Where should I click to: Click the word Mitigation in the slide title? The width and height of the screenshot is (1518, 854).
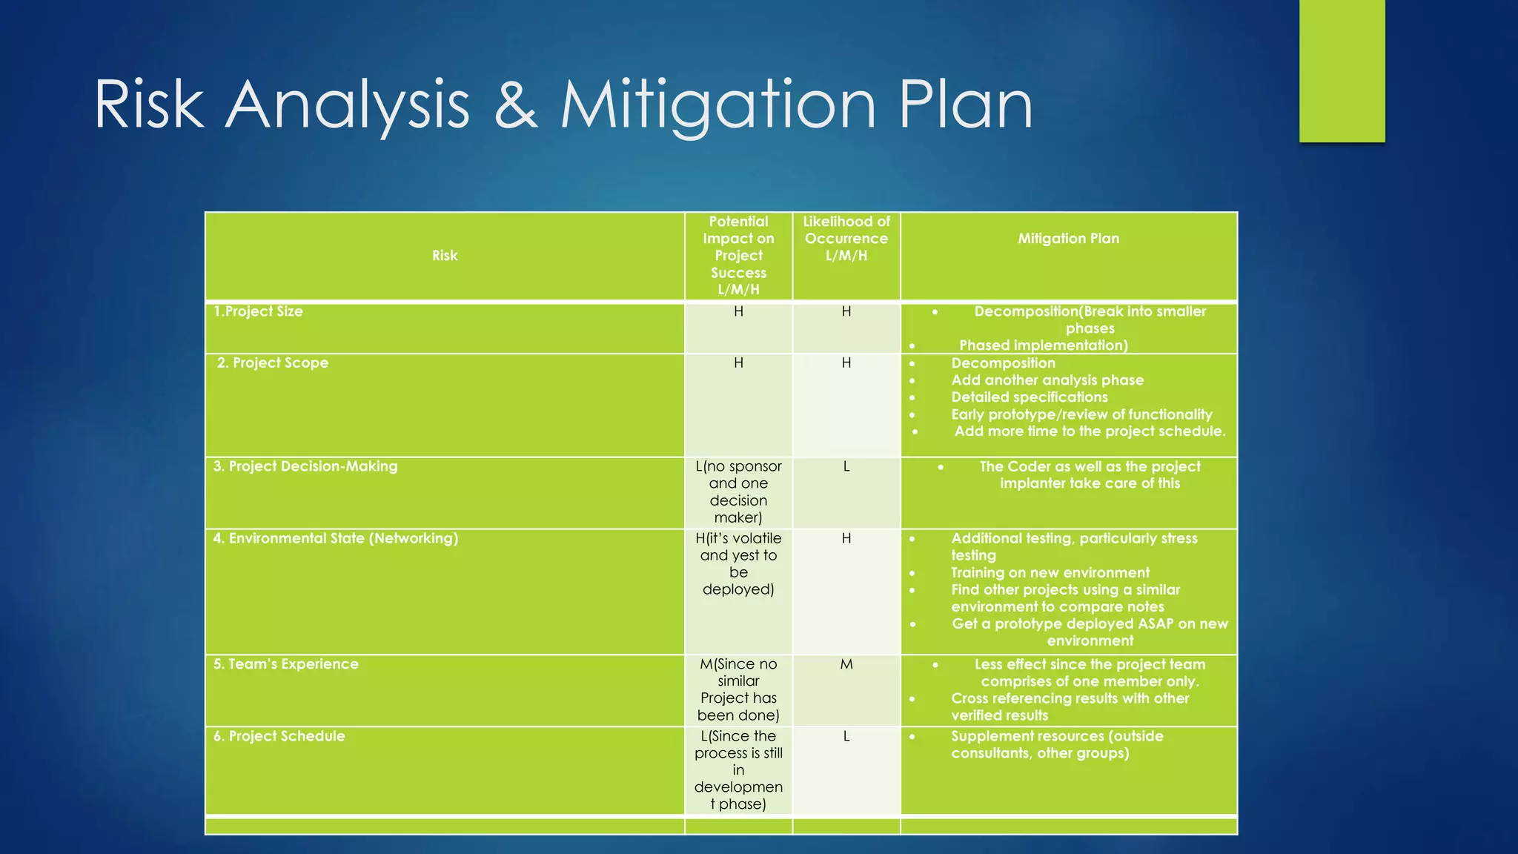(717, 105)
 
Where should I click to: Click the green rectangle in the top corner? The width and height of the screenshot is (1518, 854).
(1342, 70)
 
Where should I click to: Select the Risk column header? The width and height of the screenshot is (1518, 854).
(445, 256)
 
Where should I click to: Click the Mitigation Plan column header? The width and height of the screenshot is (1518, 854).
(1068, 239)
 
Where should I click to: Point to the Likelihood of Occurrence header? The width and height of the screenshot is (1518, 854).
(846, 239)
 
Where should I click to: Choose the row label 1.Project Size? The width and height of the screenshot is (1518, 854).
(258, 311)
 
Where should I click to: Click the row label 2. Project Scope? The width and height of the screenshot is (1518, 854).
(273, 363)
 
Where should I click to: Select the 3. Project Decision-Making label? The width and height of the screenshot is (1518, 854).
(305, 466)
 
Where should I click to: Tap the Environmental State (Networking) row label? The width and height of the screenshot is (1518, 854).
(336, 538)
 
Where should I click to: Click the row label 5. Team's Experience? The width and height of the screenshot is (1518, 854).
(286, 664)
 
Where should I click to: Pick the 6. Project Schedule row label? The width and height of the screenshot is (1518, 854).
(279, 736)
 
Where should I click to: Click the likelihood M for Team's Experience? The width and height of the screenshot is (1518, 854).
(846, 664)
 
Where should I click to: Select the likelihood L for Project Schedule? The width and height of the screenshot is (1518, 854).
(846, 736)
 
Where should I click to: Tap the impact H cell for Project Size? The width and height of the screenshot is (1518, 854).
(738, 311)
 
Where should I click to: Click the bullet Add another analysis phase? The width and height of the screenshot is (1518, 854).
(1047, 380)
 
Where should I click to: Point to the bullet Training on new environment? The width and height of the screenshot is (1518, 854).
(1050, 572)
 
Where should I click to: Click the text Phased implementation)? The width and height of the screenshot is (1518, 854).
(1043, 345)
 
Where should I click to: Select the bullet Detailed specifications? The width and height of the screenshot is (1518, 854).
(1029, 397)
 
